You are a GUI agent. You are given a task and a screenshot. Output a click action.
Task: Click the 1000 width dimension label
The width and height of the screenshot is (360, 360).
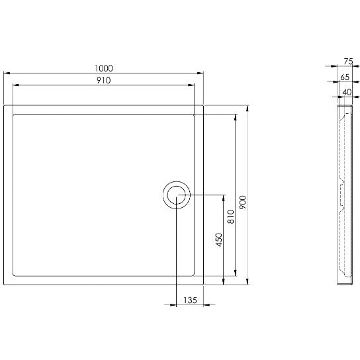click(x=104, y=68)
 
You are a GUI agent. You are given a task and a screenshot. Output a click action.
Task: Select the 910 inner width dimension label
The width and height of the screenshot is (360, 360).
click(x=103, y=80)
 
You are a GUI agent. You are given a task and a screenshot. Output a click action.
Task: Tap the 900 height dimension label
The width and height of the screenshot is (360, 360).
click(x=243, y=202)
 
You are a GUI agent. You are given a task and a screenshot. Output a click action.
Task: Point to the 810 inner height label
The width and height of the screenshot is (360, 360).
click(x=231, y=216)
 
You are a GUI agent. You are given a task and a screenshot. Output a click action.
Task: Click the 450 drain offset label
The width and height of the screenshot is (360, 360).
click(x=219, y=240)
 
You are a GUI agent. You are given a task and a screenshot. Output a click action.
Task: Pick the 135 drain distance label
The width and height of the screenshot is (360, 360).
click(x=191, y=300)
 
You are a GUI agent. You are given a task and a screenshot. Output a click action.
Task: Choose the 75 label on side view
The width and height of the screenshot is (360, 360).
click(x=348, y=62)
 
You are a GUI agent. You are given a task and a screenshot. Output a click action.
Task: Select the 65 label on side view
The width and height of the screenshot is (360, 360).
click(x=345, y=77)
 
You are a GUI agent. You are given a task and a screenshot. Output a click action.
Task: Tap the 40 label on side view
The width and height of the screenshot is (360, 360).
click(x=347, y=92)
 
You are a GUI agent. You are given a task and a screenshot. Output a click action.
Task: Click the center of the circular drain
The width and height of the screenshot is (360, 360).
click(x=176, y=195)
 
